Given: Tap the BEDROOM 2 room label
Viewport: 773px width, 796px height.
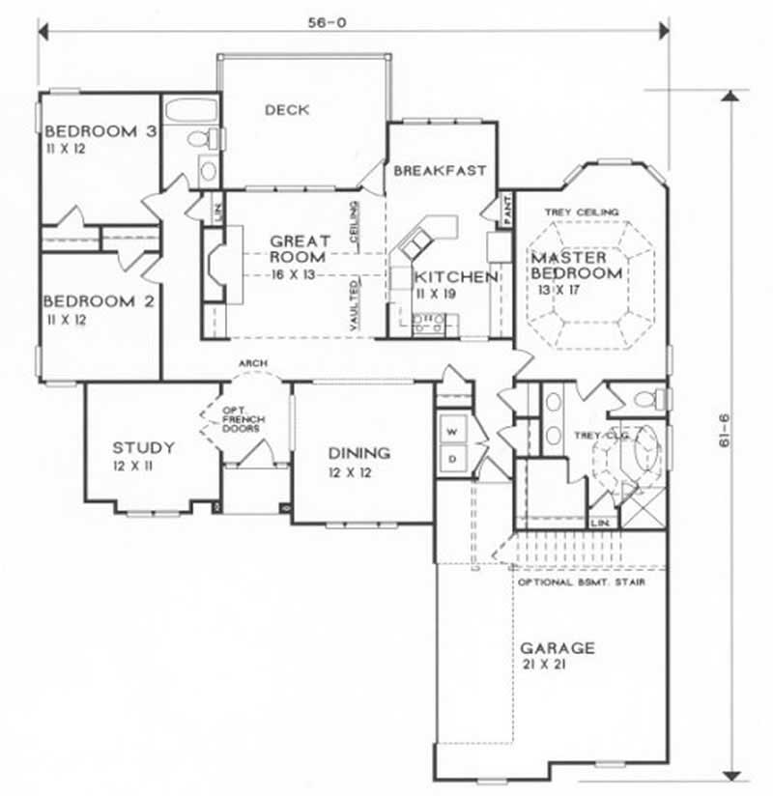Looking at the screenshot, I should (x=100, y=300).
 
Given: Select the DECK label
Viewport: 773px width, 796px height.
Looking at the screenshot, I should (x=287, y=110).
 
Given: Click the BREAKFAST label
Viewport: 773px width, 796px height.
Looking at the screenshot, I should (x=439, y=171).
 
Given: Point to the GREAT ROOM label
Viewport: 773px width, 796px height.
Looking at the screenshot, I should (x=300, y=249).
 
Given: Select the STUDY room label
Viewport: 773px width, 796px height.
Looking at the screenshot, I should (x=143, y=447).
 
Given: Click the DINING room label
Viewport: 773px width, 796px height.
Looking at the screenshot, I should (x=358, y=452).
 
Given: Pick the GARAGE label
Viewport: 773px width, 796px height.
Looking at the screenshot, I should (x=558, y=647).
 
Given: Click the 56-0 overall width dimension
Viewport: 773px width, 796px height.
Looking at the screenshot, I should (x=355, y=20).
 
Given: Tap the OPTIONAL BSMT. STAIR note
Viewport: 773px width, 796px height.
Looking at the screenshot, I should (x=581, y=583).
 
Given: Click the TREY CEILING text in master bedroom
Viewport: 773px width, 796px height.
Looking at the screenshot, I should (x=581, y=211).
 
